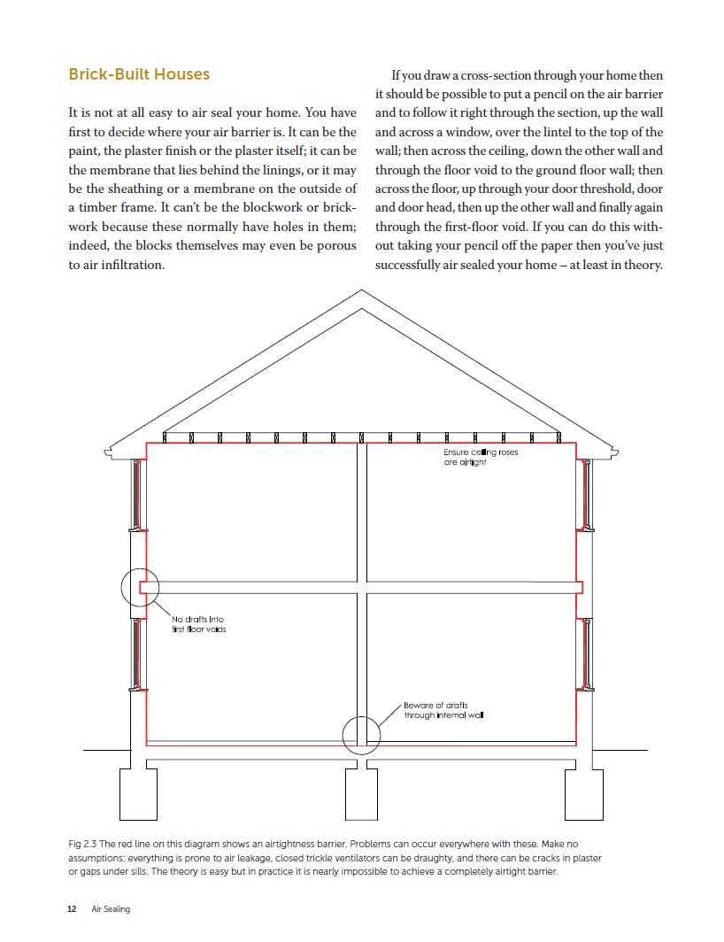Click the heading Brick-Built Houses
point(139,74)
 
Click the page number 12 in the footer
point(72,909)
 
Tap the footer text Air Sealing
point(111,909)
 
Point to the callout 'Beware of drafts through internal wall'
point(443,710)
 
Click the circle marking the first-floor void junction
point(140,586)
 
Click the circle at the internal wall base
point(362,733)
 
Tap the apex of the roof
point(362,292)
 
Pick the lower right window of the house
point(585,653)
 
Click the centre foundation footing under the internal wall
point(362,797)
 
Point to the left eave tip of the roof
point(107,453)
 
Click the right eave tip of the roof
point(617,453)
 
